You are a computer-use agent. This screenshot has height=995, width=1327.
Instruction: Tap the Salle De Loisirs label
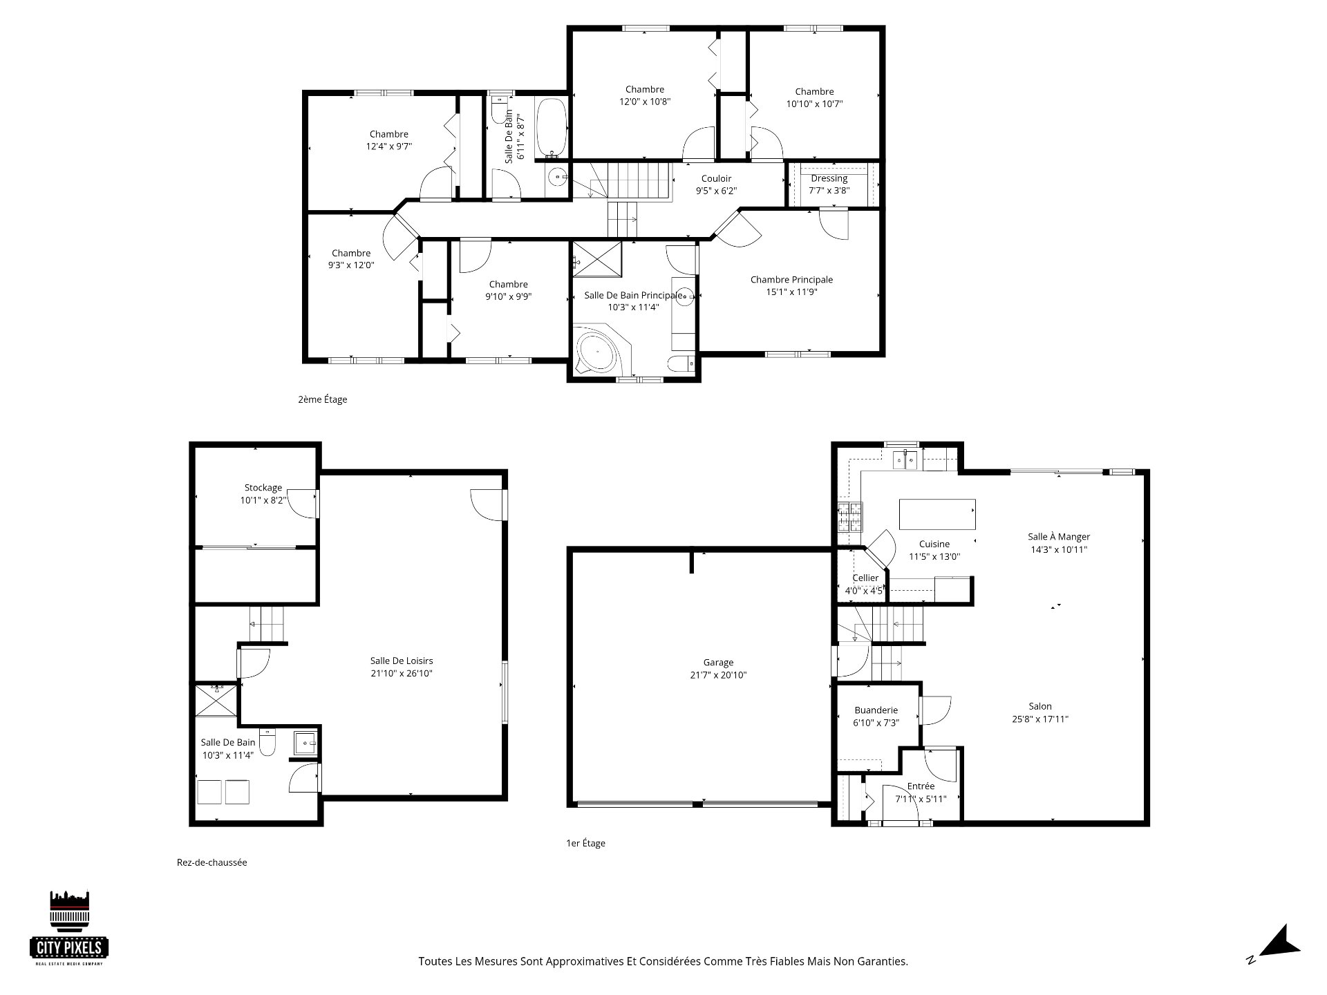coord(402,667)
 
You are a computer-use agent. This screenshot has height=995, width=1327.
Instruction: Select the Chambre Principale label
coord(791,285)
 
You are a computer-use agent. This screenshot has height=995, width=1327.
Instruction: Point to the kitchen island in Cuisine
coord(937,513)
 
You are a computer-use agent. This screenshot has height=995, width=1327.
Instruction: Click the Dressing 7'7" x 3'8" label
coord(829,184)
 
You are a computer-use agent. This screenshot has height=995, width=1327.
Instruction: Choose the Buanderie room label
coord(876,717)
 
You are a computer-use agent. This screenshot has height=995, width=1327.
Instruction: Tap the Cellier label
coord(865,578)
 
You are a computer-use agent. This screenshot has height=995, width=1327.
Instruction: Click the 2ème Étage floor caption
coord(322,399)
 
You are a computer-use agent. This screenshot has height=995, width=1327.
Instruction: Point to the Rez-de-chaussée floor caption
coord(211,862)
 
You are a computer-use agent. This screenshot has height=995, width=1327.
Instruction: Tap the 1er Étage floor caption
coord(585,843)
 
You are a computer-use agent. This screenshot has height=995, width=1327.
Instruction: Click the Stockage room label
coord(263,494)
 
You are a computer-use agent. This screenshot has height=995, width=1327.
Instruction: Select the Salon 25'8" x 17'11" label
coord(1040,712)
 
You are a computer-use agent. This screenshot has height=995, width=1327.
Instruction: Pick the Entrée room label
coord(921,793)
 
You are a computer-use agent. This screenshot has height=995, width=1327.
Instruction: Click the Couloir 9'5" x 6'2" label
coord(716,184)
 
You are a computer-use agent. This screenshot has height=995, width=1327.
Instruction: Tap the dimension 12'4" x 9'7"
coord(389,146)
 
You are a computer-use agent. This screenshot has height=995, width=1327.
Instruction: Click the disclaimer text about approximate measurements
coord(663,961)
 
